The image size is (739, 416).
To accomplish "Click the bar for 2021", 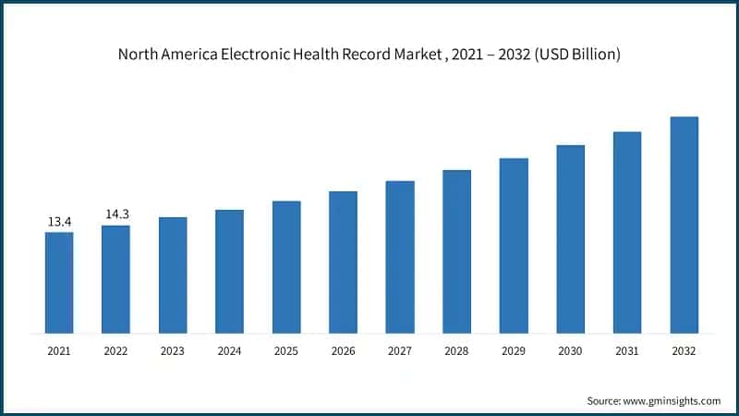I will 59,282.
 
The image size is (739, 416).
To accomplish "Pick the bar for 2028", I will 456,251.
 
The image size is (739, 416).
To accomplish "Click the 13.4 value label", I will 59,222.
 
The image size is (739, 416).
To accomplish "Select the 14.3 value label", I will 116,214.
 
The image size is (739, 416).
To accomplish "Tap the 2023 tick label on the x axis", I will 173,351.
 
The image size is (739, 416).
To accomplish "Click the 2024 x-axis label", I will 229,351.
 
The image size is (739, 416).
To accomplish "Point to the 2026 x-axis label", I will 343,351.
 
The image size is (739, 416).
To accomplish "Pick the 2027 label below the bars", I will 400,351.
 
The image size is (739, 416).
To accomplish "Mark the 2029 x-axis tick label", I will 514,351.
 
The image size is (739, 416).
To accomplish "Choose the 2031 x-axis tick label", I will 627,351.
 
